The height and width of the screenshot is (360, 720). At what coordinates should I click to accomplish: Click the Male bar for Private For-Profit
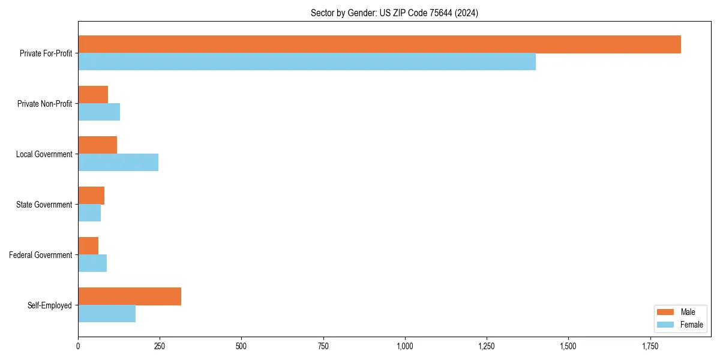tap(379, 44)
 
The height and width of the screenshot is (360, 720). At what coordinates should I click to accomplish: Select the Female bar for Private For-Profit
tap(307, 62)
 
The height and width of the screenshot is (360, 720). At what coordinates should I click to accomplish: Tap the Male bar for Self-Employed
tap(130, 296)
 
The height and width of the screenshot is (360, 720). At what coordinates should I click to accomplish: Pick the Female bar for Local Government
tap(118, 163)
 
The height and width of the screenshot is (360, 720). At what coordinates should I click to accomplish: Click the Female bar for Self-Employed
tap(107, 314)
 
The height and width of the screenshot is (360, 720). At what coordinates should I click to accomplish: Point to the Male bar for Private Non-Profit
tap(93, 95)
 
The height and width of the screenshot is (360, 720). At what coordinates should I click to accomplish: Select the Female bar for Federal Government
tap(92, 263)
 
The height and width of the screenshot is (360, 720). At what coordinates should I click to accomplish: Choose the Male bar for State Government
tap(91, 196)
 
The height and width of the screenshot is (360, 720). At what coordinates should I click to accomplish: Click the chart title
tap(394, 13)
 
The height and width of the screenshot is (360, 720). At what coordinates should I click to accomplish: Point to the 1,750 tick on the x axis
tap(650, 346)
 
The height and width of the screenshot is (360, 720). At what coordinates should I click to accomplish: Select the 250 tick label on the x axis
tap(160, 346)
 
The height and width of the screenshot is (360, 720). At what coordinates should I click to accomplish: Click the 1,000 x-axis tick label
tap(405, 346)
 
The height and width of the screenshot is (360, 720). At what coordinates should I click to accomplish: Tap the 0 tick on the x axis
tap(78, 346)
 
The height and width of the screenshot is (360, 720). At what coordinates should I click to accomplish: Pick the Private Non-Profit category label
tap(44, 104)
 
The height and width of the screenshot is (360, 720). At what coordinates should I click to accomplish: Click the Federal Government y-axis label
tap(41, 255)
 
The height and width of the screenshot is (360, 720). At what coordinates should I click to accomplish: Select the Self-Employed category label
tap(50, 305)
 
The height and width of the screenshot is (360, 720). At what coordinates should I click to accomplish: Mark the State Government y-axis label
tap(44, 205)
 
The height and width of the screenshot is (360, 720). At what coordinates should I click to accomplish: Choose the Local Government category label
tap(44, 154)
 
